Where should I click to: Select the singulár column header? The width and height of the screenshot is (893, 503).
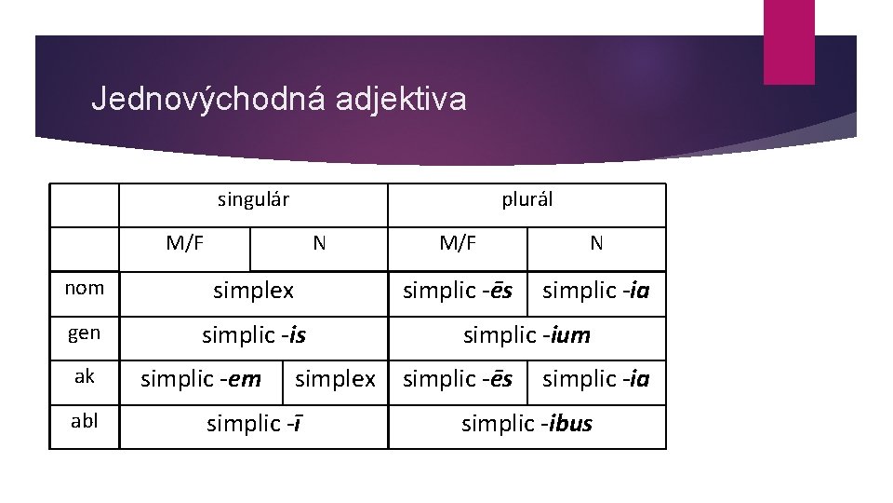coord(253,199)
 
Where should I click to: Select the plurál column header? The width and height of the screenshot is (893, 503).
coord(526,199)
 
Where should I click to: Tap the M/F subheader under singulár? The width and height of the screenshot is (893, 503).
coord(185,244)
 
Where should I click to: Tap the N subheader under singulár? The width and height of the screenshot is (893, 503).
coord(319,244)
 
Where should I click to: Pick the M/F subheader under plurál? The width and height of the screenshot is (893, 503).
coord(458,244)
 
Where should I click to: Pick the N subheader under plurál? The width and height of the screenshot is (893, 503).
coord(596,244)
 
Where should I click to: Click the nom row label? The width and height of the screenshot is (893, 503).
coord(85,289)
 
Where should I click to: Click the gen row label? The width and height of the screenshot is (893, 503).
coord(85,333)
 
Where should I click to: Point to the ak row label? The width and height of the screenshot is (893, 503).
coord(85,377)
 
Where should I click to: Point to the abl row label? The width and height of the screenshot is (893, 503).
coord(85,421)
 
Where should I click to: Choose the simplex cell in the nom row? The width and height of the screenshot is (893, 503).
coord(253,291)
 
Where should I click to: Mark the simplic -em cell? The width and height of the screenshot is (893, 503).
coord(200,379)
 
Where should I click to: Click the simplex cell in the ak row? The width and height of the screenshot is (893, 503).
coord(335,379)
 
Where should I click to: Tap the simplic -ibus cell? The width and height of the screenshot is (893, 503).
coord(526,425)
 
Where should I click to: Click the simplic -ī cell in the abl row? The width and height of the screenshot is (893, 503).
coord(253,425)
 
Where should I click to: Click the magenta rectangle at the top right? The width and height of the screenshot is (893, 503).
coord(789,41)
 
